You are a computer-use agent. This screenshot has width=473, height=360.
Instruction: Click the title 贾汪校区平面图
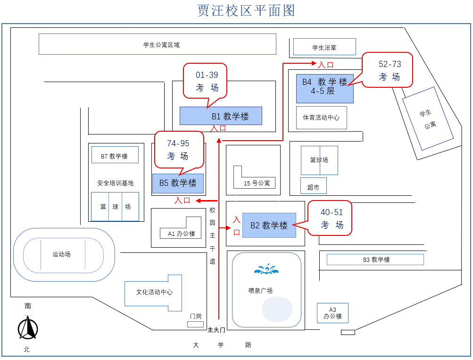[246, 10]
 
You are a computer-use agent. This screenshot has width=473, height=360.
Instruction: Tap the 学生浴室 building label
[324, 47]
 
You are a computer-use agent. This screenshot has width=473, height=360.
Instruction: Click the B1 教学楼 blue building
[221, 116]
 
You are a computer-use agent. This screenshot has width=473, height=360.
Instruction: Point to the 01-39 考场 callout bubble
[205, 81]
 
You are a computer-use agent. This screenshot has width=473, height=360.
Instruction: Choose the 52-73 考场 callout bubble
[387, 70]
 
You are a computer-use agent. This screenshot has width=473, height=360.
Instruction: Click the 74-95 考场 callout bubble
[179, 149]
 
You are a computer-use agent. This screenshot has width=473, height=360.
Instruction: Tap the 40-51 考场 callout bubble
[330, 218]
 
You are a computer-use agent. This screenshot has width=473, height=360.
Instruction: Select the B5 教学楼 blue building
[178, 183]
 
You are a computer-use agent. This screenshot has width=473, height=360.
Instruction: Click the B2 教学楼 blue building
[269, 225]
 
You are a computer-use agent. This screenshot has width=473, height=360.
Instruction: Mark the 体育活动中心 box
[321, 117]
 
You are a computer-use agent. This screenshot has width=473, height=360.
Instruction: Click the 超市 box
[313, 187]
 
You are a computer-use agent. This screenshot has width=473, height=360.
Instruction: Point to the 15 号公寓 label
[257, 183]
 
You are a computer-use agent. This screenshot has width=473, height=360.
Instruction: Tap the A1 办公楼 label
[182, 233]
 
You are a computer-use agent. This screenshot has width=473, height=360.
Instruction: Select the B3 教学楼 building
[375, 260]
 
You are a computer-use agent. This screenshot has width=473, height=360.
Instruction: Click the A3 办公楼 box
[332, 313]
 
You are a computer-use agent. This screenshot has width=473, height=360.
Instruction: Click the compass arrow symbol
[28, 328]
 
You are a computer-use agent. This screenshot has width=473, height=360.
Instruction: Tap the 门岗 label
[196, 316]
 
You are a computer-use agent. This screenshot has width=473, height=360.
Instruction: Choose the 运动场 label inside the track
[62, 254]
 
